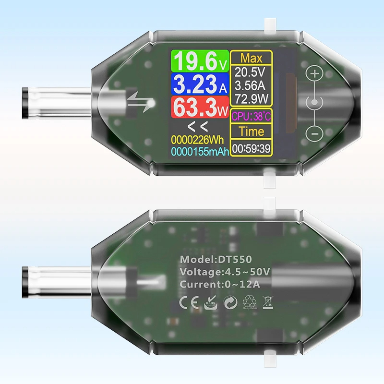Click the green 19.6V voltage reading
point(200,61)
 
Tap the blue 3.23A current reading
point(200,84)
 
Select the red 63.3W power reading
point(200,107)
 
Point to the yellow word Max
point(251,58)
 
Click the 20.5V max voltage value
point(250,72)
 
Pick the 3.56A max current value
point(250,85)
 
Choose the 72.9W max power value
point(252,99)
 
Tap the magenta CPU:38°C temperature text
point(251,116)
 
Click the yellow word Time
point(251,132)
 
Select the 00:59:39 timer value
point(251,148)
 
